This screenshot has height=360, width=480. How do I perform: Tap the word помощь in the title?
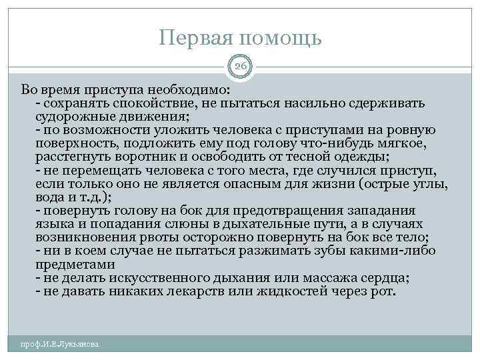[285, 39]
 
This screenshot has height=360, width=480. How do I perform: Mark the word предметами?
[69, 263]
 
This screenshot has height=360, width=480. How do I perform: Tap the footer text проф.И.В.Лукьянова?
[60, 344]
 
